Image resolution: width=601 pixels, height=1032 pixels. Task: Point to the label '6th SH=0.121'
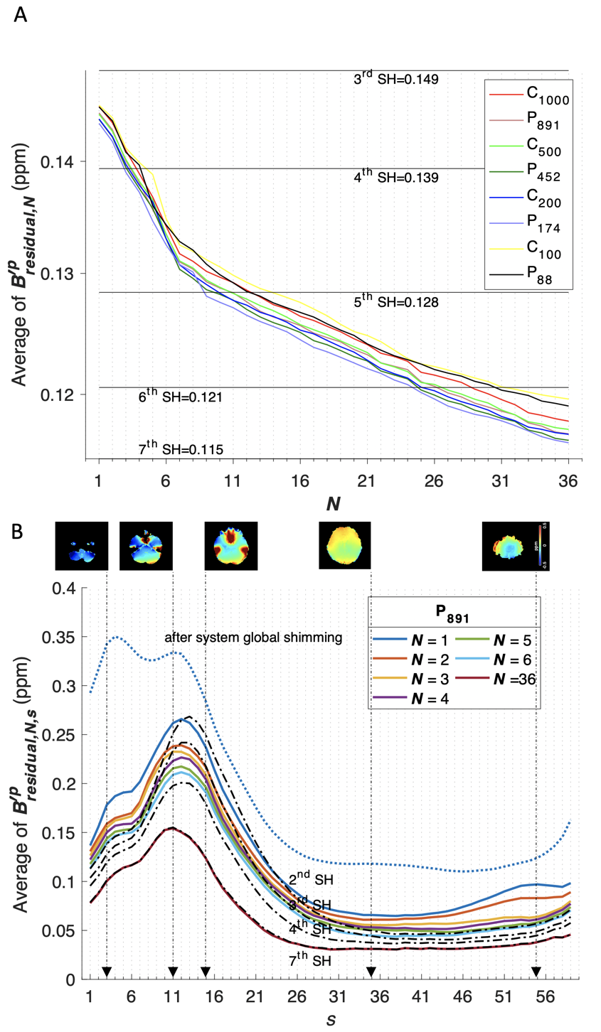(x=181, y=397)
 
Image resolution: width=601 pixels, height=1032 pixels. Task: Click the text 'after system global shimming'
(x=254, y=637)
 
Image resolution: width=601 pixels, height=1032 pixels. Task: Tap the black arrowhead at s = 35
(x=370, y=972)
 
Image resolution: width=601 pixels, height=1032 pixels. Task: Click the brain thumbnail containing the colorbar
(x=517, y=546)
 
